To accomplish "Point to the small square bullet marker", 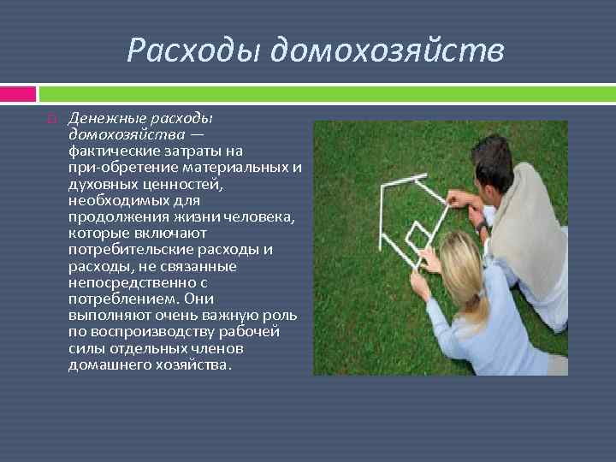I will point(51,119).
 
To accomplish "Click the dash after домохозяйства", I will point(198,135).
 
